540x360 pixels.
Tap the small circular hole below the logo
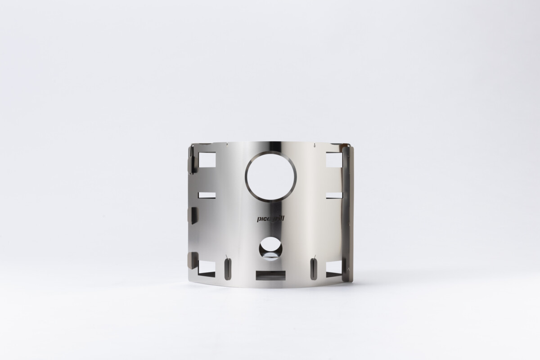[x=271, y=249]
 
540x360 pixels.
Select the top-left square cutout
[x=207, y=160]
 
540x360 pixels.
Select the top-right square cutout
[x=334, y=160]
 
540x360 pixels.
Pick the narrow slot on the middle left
[x=207, y=195]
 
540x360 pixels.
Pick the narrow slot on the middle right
[x=334, y=195]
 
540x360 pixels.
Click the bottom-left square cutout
[x=207, y=269]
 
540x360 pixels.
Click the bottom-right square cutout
[x=334, y=269]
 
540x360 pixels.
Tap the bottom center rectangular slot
[x=270, y=275]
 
